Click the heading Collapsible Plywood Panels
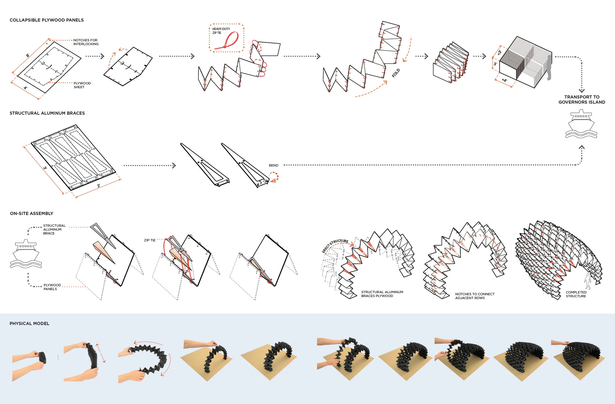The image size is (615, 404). (x=47, y=20)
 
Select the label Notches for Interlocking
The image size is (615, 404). (x=86, y=42)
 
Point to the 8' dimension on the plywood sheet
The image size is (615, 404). (x=28, y=55)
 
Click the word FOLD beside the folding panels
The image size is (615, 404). (x=396, y=73)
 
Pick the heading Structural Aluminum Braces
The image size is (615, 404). (x=47, y=113)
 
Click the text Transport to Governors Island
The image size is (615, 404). (x=582, y=100)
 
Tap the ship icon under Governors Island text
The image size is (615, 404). (x=581, y=124)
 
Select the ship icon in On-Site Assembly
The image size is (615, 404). (x=26, y=254)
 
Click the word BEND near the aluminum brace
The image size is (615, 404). (x=273, y=165)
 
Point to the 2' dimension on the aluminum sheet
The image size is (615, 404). (x=98, y=186)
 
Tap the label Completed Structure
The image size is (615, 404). (x=576, y=294)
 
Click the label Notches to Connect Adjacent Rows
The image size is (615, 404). (x=475, y=296)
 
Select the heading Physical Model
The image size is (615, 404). (x=29, y=323)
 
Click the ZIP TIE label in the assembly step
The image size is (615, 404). (x=150, y=240)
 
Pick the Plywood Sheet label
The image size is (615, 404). (x=82, y=85)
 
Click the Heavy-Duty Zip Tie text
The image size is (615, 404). (x=221, y=31)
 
